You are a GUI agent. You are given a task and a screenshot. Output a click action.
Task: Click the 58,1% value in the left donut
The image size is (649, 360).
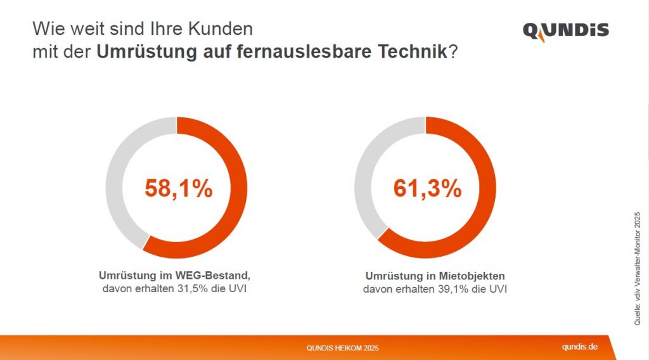click(178, 188)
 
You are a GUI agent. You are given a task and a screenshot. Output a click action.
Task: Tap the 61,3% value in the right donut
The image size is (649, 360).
click(427, 188)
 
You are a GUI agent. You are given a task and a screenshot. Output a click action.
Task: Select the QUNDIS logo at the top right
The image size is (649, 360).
click(565, 31)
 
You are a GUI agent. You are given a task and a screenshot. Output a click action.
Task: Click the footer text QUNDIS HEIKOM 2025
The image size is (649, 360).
click(343, 348)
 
